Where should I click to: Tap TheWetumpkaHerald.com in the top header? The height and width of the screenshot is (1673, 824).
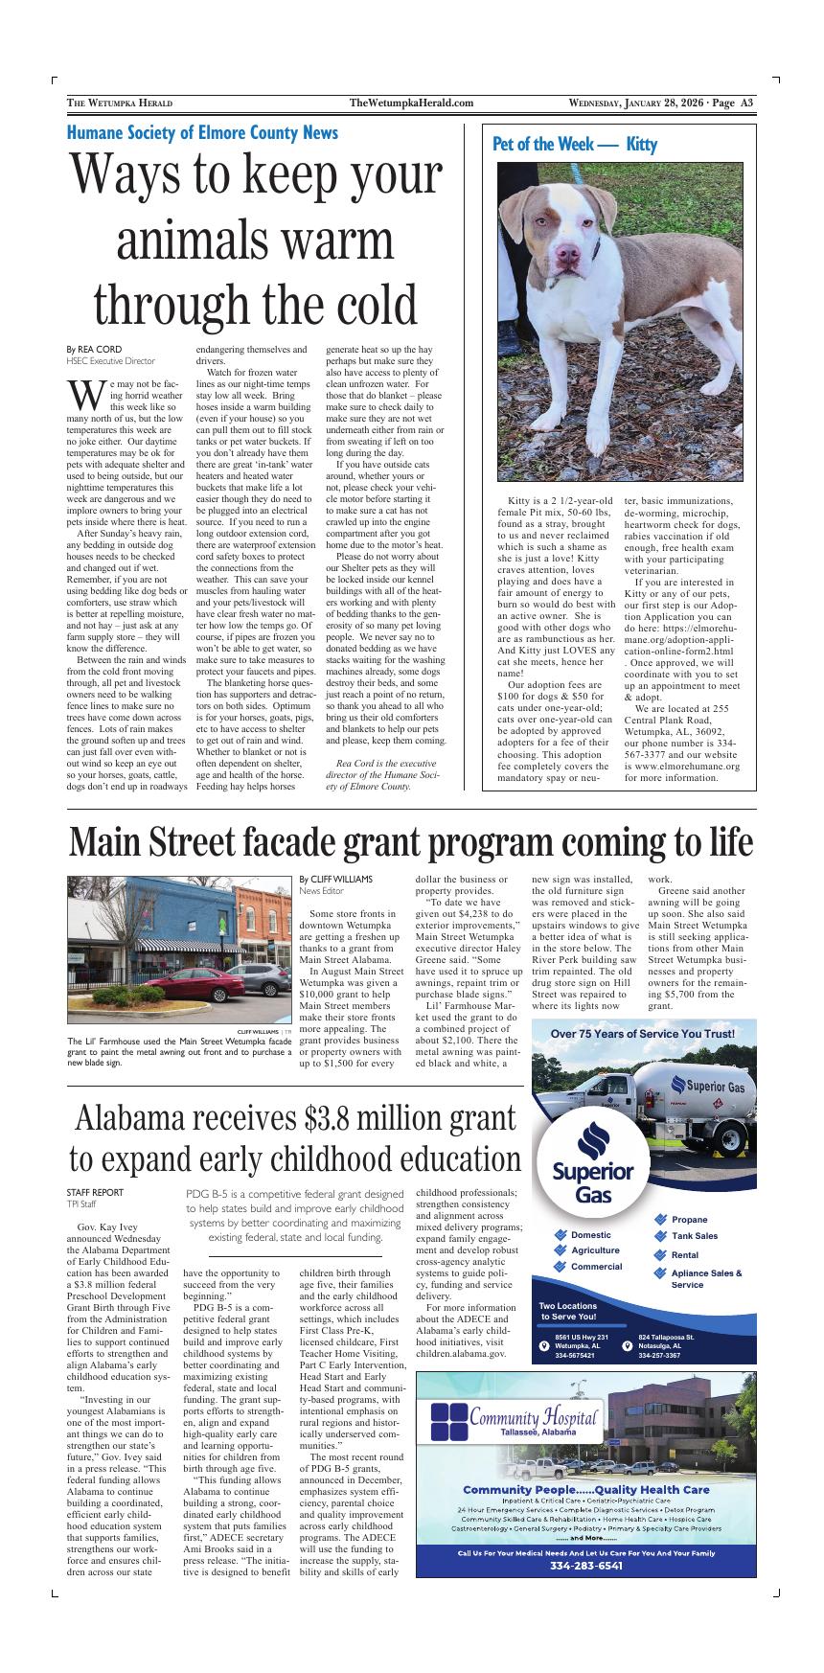point(412,103)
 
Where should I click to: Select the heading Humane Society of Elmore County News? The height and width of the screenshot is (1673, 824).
point(202,133)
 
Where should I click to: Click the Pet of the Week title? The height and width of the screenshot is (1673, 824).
point(574,145)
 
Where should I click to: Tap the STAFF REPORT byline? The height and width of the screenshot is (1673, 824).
point(95,1193)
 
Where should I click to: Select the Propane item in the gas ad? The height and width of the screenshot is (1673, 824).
point(689,1220)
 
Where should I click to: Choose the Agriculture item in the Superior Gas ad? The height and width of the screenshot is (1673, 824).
point(594,1250)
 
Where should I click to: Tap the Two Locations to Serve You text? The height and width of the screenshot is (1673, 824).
point(567,1312)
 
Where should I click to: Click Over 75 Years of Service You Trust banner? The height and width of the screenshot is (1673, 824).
point(643,1034)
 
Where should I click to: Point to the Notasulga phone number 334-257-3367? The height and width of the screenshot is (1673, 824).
point(659,1356)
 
